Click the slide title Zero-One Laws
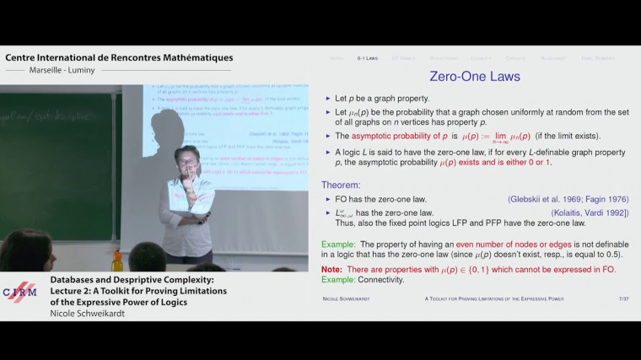click(x=475, y=77)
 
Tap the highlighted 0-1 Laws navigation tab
click(x=367, y=57)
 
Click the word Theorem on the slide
click(x=341, y=185)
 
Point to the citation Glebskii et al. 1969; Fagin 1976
click(x=568, y=199)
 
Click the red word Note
click(x=331, y=269)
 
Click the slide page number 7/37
click(x=623, y=298)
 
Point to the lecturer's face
click(x=187, y=159)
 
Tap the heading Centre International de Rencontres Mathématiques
click(x=119, y=57)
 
